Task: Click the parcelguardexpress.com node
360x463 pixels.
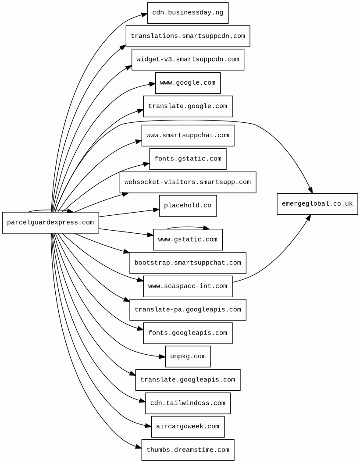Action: pyautogui.click(x=50, y=223)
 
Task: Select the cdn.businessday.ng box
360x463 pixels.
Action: pyautogui.click(x=188, y=13)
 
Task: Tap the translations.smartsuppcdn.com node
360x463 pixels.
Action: pyautogui.click(x=188, y=36)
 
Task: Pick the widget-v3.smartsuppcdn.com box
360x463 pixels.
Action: pyautogui.click(x=188, y=59)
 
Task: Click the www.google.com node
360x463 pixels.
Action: pyautogui.click(x=188, y=83)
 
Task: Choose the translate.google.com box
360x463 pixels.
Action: pyautogui.click(x=188, y=106)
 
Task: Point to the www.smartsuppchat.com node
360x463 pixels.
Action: pyautogui.click(x=188, y=135)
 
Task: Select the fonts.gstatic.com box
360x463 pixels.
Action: pyautogui.click(x=188, y=159)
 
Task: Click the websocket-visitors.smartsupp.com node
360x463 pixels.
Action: pyautogui.click(x=188, y=182)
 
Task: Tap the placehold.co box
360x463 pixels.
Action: pyautogui.click(x=188, y=206)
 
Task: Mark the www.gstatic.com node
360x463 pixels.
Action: pyautogui.click(x=188, y=239)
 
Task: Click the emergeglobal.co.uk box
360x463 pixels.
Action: pyautogui.click(x=317, y=204)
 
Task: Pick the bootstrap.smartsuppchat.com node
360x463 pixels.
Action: pyautogui.click(x=188, y=263)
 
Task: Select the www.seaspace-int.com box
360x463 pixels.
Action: pyautogui.click(x=188, y=286)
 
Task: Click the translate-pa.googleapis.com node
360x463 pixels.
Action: pyautogui.click(x=188, y=310)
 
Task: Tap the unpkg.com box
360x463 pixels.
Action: pyautogui.click(x=188, y=356)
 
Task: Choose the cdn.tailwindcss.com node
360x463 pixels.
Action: pyautogui.click(x=188, y=403)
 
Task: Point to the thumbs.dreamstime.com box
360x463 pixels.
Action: pyautogui.click(x=188, y=450)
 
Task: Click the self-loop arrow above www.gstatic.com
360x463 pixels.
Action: pyautogui.click(x=188, y=227)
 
